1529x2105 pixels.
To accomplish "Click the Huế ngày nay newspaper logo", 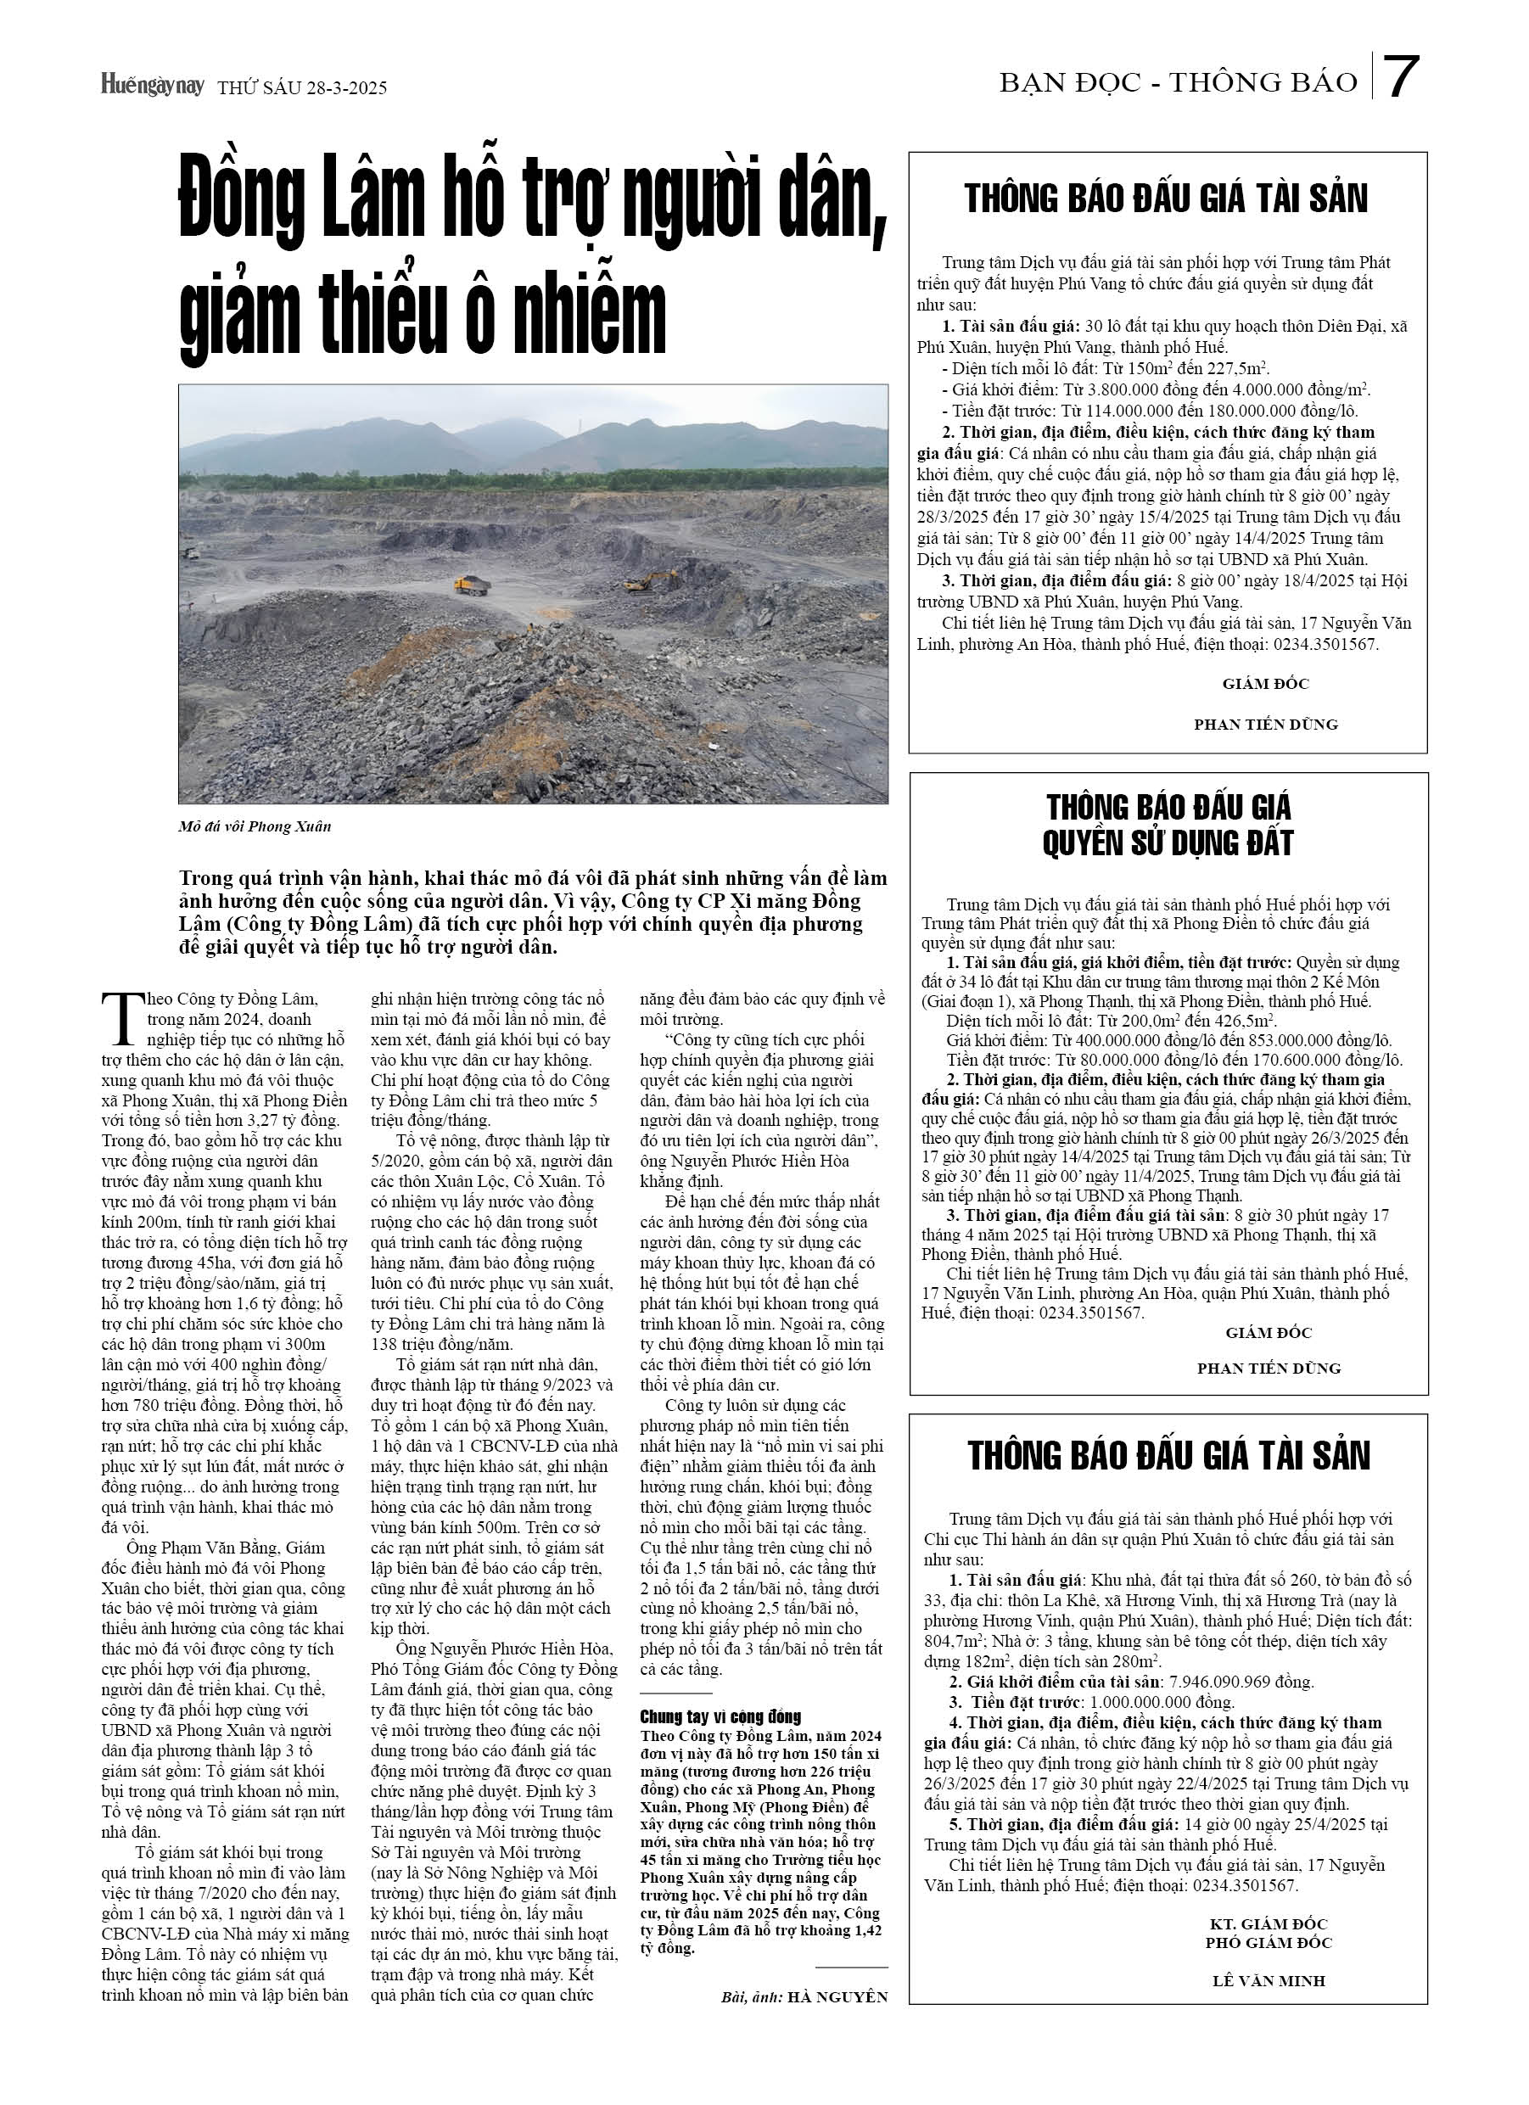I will [x=152, y=86].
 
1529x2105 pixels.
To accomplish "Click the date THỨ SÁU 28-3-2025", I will [x=302, y=88].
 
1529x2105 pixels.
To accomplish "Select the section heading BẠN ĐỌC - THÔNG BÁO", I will [x=1177, y=82].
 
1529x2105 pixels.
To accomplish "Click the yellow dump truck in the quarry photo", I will [x=472, y=585].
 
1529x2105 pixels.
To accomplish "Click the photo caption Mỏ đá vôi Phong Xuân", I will [x=255, y=826].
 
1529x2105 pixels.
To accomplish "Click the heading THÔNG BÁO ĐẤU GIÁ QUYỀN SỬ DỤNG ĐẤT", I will [x=1168, y=824].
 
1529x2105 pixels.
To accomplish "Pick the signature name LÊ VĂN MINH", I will [x=1269, y=1980].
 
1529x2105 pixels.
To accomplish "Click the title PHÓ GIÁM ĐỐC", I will [x=1269, y=1943].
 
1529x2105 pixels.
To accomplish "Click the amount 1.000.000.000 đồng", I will [x=1162, y=1702].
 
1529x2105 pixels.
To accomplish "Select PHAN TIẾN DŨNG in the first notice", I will [x=1265, y=724].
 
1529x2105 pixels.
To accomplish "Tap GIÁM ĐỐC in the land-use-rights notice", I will [x=1269, y=1333].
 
